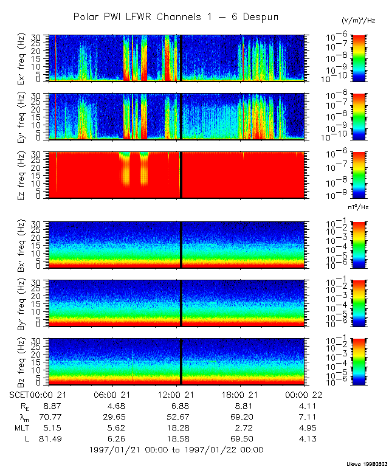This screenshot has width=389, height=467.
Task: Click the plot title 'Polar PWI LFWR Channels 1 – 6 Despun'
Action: click(x=176, y=16)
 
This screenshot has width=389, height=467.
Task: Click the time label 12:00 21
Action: click(x=177, y=395)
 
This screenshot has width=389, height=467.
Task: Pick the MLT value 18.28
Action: click(x=177, y=427)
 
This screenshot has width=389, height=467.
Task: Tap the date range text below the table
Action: click(x=176, y=450)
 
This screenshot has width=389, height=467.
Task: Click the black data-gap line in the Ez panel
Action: click(x=181, y=175)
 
